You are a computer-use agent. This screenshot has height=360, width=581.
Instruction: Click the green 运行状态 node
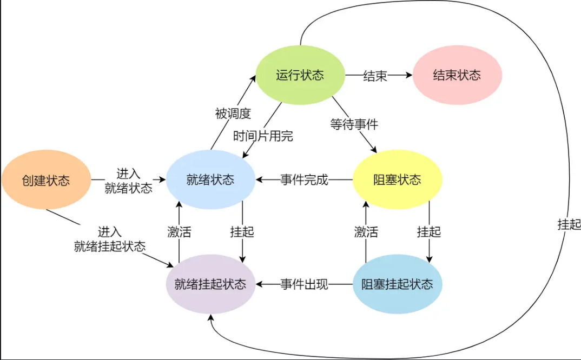[x=300, y=75]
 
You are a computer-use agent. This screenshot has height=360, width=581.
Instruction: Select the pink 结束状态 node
[x=457, y=75]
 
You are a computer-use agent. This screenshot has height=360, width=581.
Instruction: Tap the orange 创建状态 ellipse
[x=47, y=180]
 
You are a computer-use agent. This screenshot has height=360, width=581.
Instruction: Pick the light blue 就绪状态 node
[x=210, y=180]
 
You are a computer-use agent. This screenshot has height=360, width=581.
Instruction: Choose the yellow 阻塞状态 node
[x=397, y=180]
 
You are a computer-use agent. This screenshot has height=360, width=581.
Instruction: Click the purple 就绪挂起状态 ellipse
[x=210, y=284]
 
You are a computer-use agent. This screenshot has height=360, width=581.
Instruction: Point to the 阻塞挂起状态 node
[x=397, y=284]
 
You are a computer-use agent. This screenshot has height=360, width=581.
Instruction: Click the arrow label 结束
[x=375, y=76]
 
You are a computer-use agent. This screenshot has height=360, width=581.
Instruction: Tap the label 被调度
[x=233, y=114]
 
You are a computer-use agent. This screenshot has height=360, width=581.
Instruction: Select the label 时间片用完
[x=263, y=136]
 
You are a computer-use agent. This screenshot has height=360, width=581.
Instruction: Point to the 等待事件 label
[x=354, y=124]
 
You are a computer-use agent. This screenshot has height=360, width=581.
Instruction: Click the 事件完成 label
[x=304, y=180]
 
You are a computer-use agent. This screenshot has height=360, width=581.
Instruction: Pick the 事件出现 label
[x=304, y=284]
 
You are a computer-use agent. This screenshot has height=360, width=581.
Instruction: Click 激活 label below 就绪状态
[x=180, y=232]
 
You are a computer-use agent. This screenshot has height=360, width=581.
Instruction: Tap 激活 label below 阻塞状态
[x=366, y=232]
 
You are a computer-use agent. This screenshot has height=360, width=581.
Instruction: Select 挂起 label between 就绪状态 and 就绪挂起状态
[x=242, y=232]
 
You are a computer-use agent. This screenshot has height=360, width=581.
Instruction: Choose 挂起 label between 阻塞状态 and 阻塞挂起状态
[x=428, y=232]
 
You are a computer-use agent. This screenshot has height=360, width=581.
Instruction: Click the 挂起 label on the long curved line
[x=569, y=224]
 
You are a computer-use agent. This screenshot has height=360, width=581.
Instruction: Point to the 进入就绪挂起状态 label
[x=110, y=239]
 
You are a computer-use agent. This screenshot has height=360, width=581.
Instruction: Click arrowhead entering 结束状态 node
[x=409, y=75]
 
